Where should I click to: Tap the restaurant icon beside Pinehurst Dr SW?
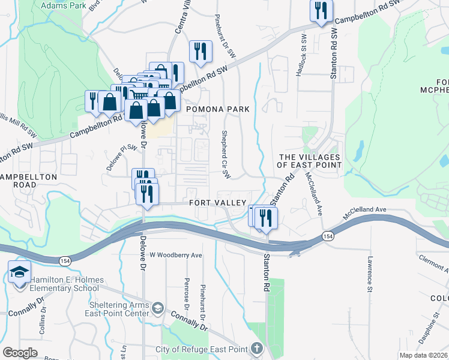(x=200, y=51)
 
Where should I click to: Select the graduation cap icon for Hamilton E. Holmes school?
(x=19, y=272)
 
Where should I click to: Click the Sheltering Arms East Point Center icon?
(x=157, y=308)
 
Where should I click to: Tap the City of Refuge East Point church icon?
(x=256, y=349)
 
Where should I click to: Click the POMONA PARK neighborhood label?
(x=217, y=109)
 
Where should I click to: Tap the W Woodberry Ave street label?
(x=176, y=254)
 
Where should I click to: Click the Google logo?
(x=20, y=353)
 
